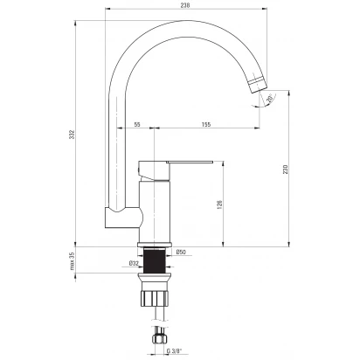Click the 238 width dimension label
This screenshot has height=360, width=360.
pos(185,5)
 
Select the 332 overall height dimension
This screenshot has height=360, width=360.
pos(72,135)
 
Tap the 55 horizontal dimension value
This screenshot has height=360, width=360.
pos(137,124)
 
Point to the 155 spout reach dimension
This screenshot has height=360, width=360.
pos(206,124)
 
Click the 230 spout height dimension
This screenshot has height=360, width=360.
pos(286,170)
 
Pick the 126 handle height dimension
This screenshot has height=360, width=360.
pos(220,204)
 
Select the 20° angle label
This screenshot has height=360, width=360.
pos(269,98)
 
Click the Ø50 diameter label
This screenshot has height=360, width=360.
pos(181,253)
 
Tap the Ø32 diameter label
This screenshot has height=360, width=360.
pos(134,263)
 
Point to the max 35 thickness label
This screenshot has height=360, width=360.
pos(73,261)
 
